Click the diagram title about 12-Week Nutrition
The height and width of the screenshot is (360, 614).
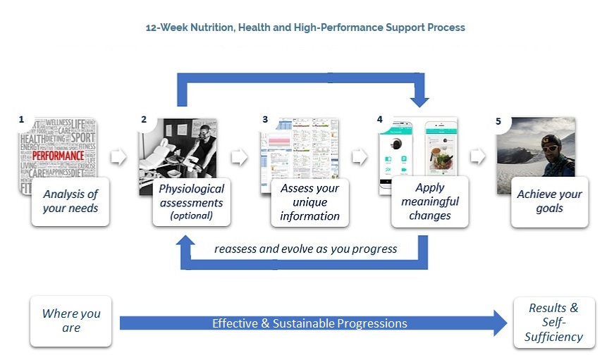tap(305, 27)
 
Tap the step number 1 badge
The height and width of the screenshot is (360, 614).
tap(22, 120)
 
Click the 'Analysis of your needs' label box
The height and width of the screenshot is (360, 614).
tap(70, 201)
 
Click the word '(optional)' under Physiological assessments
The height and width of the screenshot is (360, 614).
tap(191, 216)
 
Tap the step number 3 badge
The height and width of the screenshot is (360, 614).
tap(265, 120)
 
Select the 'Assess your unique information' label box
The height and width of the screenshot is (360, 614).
tap(309, 202)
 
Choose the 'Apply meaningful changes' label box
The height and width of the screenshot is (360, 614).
tap(430, 202)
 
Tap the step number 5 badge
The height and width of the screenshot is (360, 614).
tap(498, 121)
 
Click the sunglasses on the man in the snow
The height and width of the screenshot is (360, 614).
tap(552, 149)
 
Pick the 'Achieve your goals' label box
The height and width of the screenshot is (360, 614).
tap(549, 201)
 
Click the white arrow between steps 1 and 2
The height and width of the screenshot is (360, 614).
tap(118, 156)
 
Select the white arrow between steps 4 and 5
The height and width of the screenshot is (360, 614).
tap(478, 156)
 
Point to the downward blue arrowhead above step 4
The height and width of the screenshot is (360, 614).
tap(420, 99)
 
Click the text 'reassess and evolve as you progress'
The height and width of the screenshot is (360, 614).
tap(305, 249)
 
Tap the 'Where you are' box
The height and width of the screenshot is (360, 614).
tap(70, 321)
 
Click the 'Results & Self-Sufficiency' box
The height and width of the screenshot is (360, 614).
tap(553, 322)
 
